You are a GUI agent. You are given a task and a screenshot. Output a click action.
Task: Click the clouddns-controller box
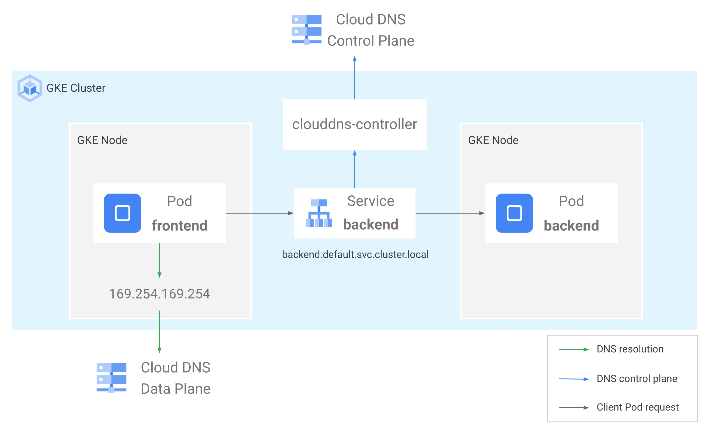[x=355, y=125]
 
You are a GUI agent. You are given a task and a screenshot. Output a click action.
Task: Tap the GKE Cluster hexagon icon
[x=30, y=88]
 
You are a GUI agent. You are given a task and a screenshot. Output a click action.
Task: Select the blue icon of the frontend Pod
[x=122, y=213]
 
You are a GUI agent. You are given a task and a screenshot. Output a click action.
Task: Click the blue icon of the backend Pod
[x=514, y=213]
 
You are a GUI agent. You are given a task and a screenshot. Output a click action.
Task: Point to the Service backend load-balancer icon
[x=319, y=213]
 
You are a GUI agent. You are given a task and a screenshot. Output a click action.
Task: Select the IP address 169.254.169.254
[x=159, y=294]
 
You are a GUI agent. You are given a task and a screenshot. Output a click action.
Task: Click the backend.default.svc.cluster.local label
[x=355, y=254]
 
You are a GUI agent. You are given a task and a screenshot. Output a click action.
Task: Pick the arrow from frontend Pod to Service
[x=259, y=213]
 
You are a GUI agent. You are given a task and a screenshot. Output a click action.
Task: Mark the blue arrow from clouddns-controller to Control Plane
[x=355, y=78]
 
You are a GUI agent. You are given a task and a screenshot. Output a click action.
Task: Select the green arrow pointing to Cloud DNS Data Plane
[x=159, y=332]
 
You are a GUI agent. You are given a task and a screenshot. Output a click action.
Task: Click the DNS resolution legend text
[x=630, y=349]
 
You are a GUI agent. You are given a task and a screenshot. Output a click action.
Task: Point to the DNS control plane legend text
[x=637, y=378]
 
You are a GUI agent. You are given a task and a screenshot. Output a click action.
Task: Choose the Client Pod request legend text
[x=638, y=407]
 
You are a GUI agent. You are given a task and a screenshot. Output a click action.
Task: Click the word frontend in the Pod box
[x=179, y=226]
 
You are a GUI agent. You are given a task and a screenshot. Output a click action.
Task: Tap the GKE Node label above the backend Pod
[x=493, y=140]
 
